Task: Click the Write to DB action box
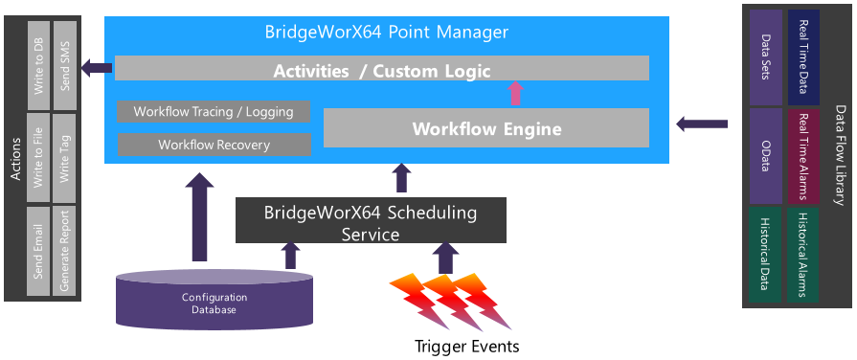pos(38,65)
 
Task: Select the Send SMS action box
pos(64,65)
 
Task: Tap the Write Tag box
pos(64,158)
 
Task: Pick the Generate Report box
pos(64,251)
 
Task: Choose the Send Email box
pos(38,251)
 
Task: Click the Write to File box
pos(38,158)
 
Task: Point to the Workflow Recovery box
pos(214,145)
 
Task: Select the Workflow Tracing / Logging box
pos(214,111)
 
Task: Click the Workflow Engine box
pos(486,128)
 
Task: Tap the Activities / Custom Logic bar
pos(381,68)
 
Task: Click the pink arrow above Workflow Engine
pos(515,94)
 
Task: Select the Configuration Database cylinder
pos(214,301)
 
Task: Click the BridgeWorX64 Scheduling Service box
pos(371,220)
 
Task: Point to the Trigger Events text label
pos(466,347)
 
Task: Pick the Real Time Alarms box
pos(802,156)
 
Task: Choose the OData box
pos(765,156)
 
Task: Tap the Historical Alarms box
pos(802,255)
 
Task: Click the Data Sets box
pos(765,57)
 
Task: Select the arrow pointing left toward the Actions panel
pos(97,68)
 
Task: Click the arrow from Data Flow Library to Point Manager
pos(702,124)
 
